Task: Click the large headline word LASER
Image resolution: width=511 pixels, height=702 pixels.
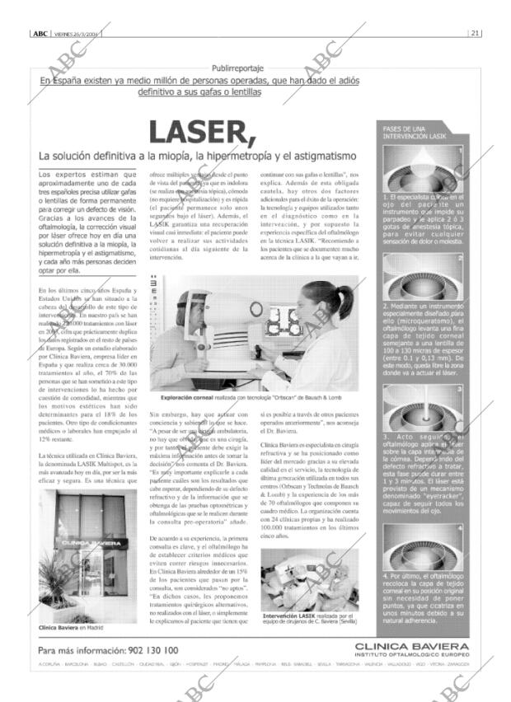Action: pos(200,132)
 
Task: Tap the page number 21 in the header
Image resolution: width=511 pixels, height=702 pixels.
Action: pos(476,33)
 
